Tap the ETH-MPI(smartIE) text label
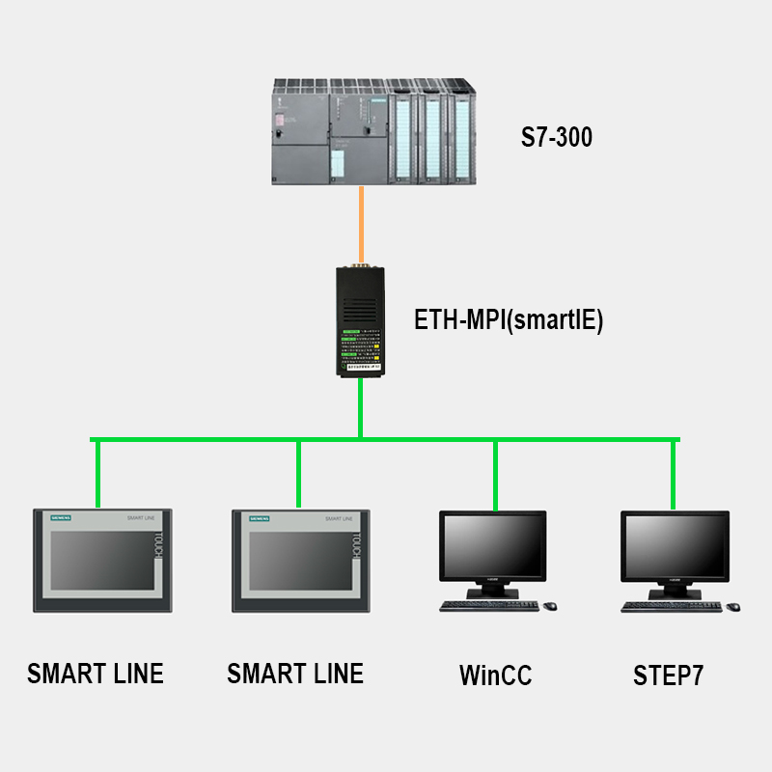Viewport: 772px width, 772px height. [509, 320]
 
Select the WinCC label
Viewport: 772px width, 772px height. [495, 675]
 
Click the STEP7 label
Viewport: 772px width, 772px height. [669, 675]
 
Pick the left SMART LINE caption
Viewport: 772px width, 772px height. [96, 673]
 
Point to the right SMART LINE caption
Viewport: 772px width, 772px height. [295, 673]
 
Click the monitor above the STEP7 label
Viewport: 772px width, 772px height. [675, 548]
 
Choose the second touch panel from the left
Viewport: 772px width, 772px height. [295, 562]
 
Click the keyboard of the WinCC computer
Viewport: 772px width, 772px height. [488, 606]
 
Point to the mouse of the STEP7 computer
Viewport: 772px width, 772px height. [733, 606]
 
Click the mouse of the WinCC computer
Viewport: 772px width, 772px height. [550, 606]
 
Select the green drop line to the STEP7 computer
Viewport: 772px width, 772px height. [673, 473]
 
